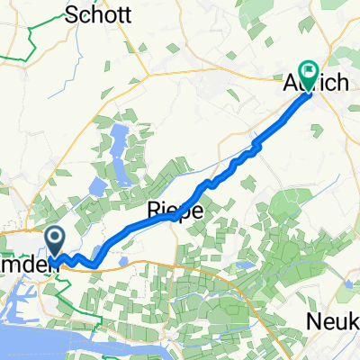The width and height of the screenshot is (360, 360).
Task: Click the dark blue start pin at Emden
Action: click(55, 240)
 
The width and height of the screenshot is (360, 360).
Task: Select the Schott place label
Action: click(100, 15)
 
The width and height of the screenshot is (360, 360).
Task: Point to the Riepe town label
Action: click(174, 210)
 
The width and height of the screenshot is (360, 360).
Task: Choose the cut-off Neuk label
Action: click(337, 321)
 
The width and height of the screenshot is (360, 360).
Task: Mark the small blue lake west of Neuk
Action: click(243, 265)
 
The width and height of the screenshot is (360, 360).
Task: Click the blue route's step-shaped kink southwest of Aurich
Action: click(256, 143)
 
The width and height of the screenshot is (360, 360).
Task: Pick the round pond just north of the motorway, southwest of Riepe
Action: click(121, 260)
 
